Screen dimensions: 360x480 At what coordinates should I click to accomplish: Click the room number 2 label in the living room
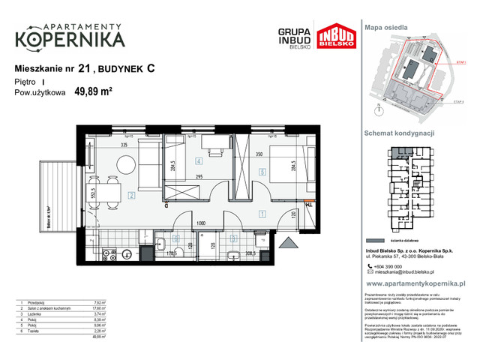130,196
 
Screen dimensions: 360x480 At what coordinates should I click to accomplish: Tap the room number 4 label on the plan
199,161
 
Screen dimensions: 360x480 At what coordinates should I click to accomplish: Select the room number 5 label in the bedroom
261,171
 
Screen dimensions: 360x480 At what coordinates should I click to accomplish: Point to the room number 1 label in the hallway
260,214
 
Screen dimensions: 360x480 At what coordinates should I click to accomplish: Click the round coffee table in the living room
126,162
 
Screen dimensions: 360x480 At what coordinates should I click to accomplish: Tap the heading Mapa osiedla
385,26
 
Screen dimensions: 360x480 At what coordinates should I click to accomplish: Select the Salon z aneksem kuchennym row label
46,305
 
